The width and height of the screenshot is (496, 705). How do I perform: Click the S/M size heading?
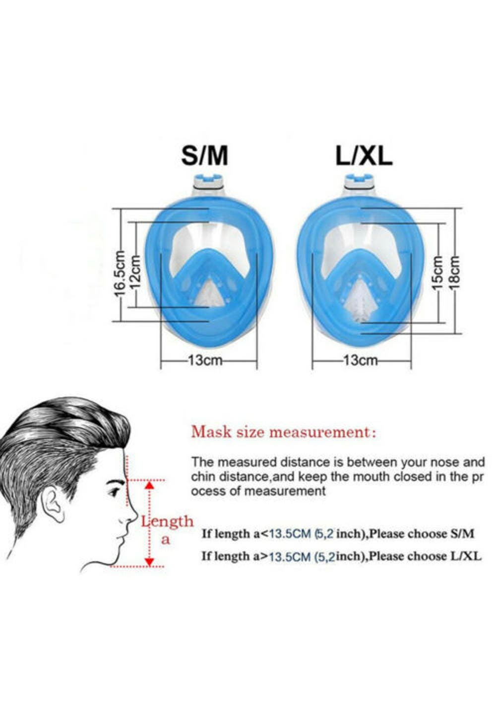(204, 156)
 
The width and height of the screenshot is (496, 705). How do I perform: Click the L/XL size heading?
(364, 156)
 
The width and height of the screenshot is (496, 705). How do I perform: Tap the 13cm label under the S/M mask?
(205, 360)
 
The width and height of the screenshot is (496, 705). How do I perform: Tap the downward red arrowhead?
(150, 562)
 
